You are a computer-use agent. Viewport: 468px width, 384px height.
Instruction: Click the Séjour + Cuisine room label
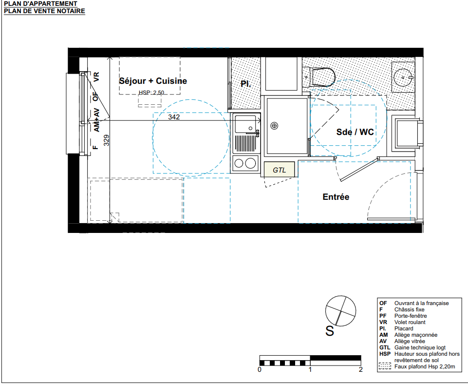153,81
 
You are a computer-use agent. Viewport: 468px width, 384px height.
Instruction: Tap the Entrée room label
336,197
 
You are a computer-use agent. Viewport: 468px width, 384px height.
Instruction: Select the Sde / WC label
355,132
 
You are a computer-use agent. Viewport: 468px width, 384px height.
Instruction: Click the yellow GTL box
280,169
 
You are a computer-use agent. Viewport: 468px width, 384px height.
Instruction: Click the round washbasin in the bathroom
403,77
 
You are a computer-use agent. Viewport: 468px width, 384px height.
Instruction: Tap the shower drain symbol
274,126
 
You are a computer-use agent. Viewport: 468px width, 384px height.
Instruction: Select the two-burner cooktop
245,163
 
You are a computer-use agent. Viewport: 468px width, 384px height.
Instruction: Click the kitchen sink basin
245,124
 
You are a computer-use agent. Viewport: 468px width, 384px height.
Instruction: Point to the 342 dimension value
174,117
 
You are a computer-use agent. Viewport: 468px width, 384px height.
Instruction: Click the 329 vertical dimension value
106,140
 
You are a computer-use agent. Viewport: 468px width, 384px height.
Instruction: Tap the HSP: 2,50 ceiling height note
151,93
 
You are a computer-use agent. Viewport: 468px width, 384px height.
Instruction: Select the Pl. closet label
245,84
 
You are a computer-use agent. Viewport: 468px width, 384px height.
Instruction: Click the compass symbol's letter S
330,331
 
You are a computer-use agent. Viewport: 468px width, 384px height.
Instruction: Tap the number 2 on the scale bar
361,370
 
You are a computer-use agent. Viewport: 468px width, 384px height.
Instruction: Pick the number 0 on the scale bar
260,370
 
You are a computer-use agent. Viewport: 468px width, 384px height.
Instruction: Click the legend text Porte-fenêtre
411,316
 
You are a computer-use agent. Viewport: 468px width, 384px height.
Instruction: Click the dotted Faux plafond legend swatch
385,366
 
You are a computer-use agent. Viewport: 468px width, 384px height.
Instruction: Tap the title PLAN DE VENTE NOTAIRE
44,11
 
